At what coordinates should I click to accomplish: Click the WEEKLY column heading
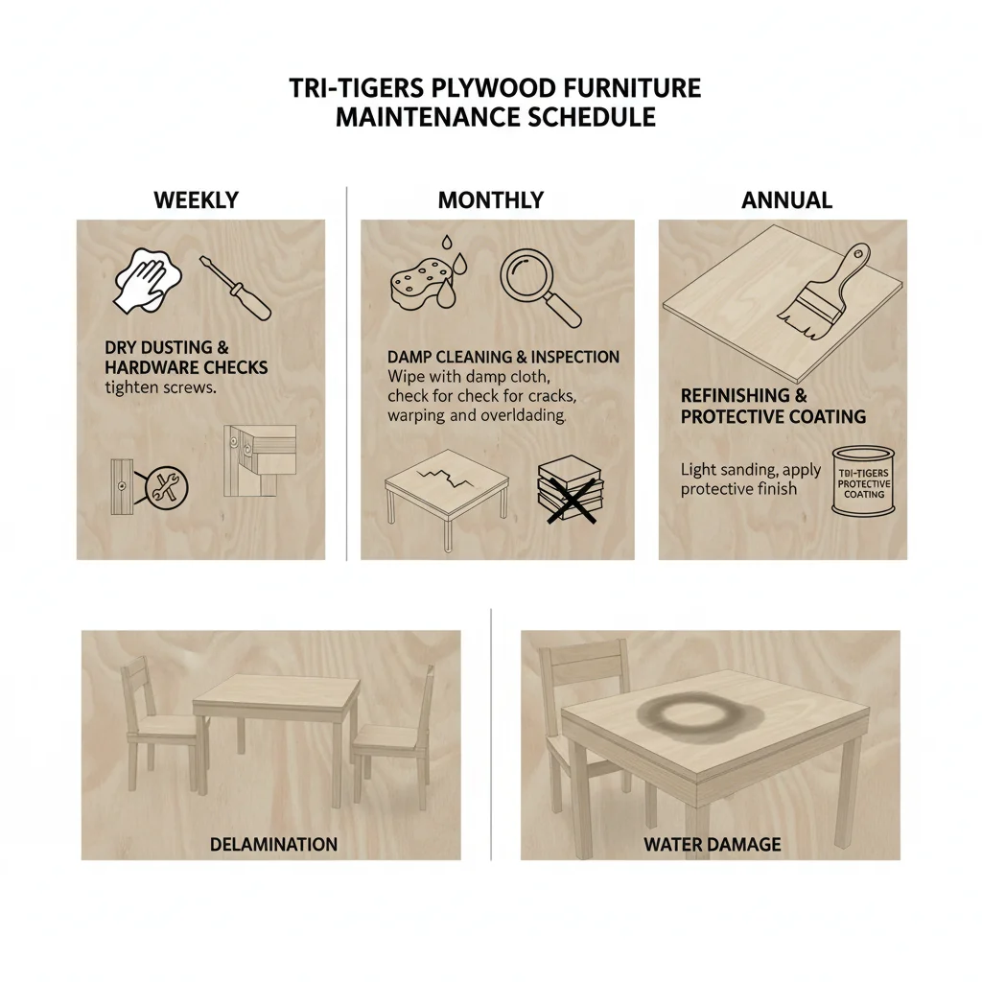point(196,200)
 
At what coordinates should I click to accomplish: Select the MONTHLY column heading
point(490,200)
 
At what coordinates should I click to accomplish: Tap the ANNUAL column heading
point(786,200)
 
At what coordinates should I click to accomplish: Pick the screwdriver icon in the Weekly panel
point(235,287)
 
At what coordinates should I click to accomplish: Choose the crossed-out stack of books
point(568,490)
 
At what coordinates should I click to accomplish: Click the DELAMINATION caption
point(273,845)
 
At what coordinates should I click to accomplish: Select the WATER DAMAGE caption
point(712,845)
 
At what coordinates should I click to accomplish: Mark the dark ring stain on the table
point(684,713)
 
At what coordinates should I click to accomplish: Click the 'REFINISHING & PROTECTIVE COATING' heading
point(773,407)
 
